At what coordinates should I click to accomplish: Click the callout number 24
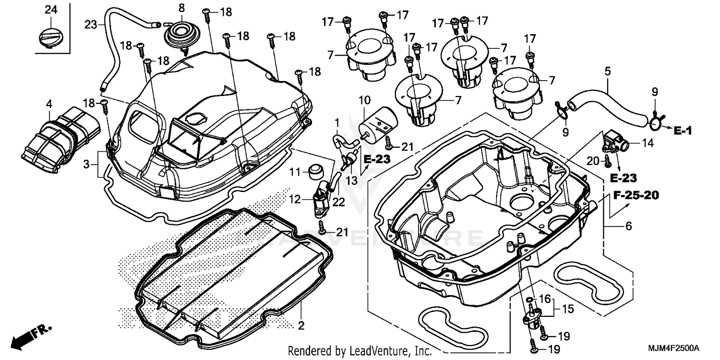(50, 9)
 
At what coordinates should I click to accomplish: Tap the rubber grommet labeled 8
(181, 32)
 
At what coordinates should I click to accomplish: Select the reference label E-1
(681, 130)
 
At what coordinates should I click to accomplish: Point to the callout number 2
(301, 326)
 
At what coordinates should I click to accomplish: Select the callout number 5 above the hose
(608, 72)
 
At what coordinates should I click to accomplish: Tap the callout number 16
(544, 300)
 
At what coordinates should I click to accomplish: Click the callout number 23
(91, 24)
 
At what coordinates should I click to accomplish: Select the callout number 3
(86, 165)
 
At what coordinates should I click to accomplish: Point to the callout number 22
(339, 203)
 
